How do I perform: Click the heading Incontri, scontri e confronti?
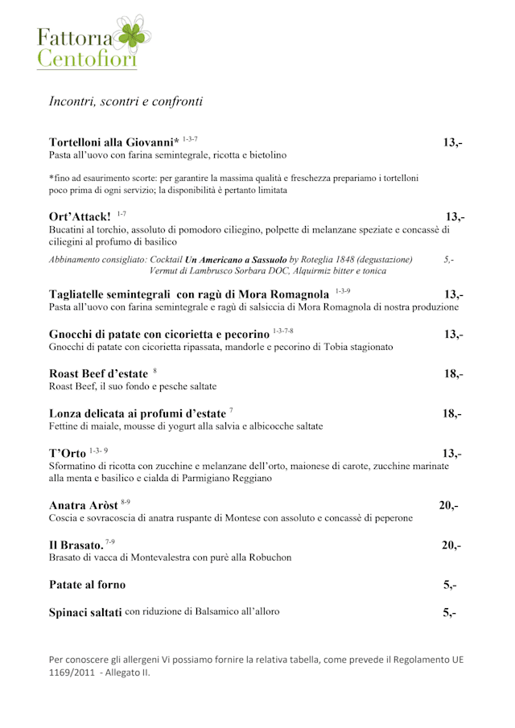point(126,101)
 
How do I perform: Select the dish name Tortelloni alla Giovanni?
point(113,142)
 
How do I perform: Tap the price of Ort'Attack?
point(455,216)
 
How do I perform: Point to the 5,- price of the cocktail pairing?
point(448,260)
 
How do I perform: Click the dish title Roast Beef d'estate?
point(98,373)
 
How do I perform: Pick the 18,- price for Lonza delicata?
point(451,413)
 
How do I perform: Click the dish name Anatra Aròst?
point(83,505)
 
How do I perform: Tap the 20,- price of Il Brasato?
point(451,545)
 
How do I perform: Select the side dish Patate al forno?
point(87,584)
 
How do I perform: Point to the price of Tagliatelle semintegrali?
point(453,294)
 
